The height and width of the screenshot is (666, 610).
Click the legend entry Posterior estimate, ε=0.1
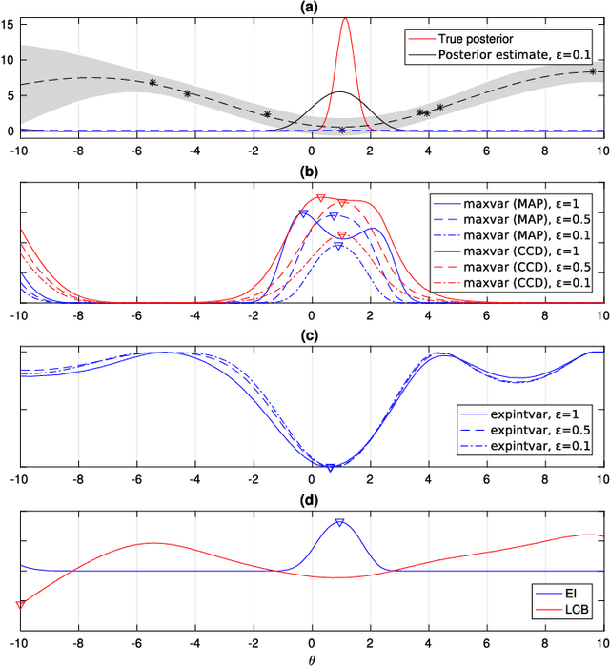tap(512, 55)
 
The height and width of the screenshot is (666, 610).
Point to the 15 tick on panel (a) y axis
tap(9, 23)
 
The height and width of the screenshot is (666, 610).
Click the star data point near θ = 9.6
tap(593, 71)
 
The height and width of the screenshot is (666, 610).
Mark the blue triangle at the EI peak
tap(339, 522)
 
